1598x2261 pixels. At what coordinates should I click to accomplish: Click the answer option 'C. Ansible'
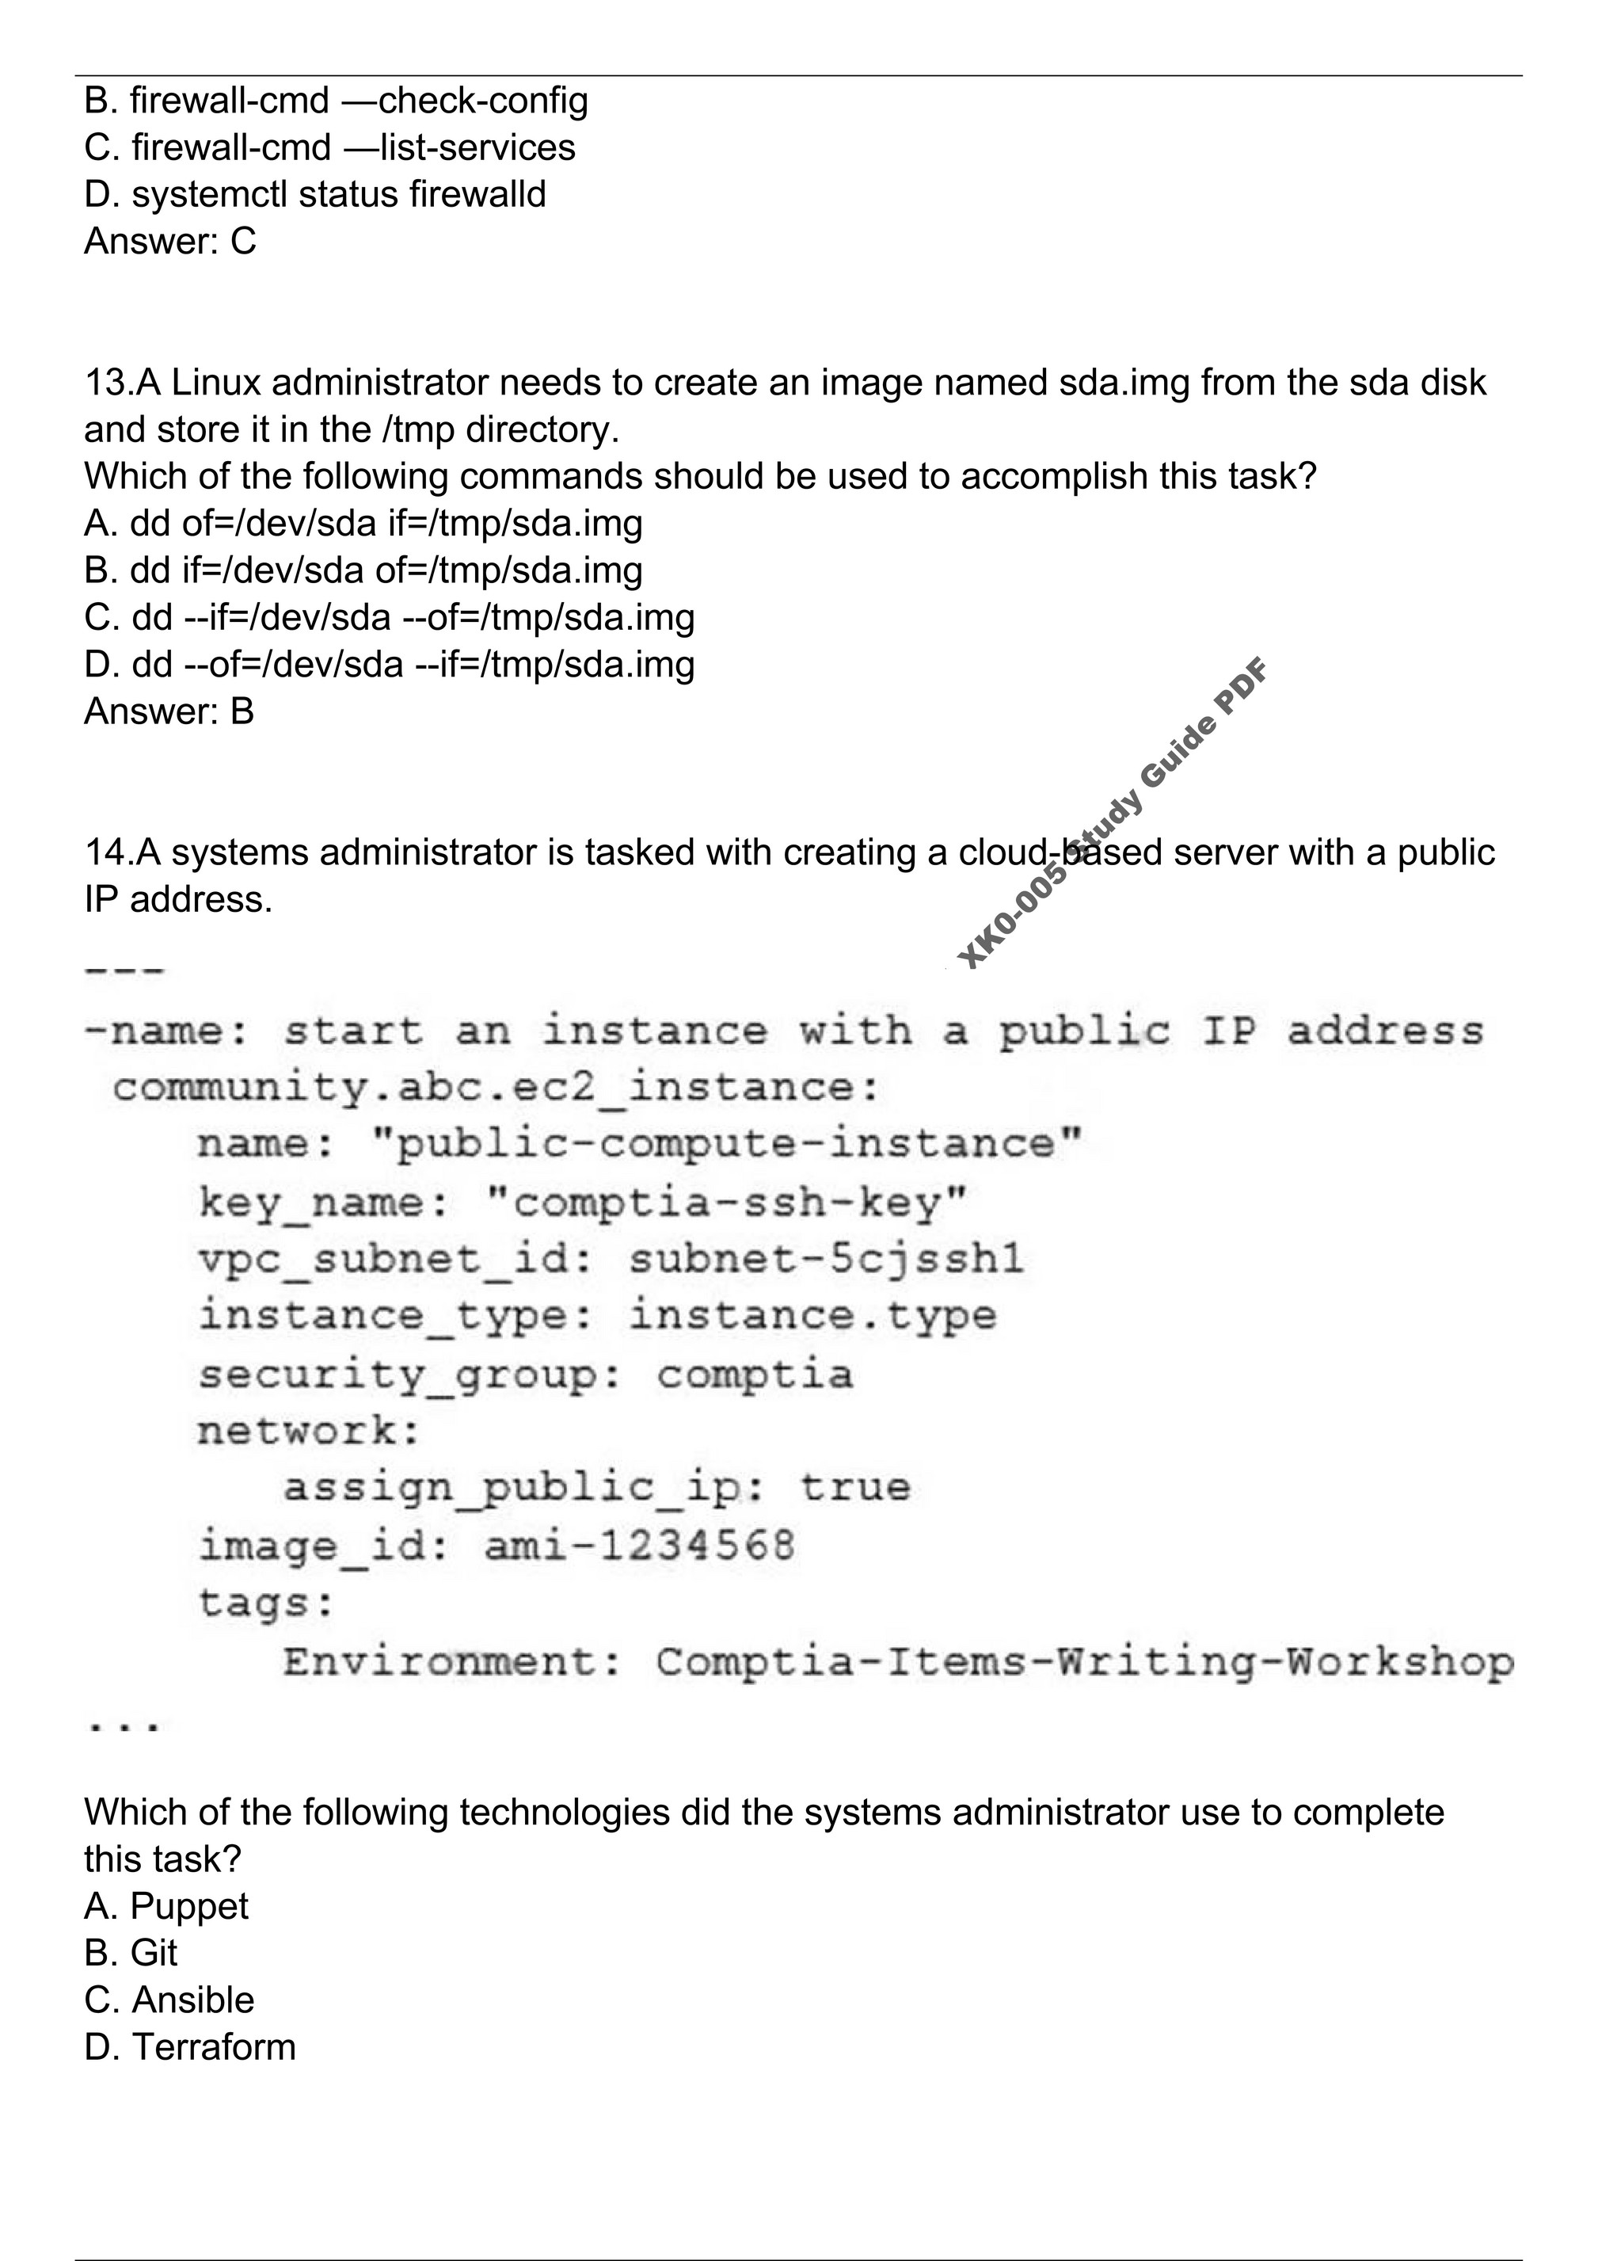(x=169, y=2000)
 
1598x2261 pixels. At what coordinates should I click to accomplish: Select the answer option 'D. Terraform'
(x=190, y=2047)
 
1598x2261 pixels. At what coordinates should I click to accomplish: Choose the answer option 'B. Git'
(x=131, y=1953)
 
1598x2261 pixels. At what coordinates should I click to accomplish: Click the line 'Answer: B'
(x=169, y=711)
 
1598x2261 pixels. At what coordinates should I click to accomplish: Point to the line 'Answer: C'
(x=170, y=242)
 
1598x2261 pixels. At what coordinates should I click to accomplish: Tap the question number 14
(x=105, y=852)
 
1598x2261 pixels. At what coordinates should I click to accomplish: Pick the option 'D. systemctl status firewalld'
(x=315, y=194)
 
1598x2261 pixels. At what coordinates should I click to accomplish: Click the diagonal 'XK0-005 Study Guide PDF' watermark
(x=1113, y=813)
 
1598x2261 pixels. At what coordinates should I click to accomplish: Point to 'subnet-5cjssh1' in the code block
(x=826, y=1260)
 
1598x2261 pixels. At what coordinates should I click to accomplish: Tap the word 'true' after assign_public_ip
(x=854, y=1487)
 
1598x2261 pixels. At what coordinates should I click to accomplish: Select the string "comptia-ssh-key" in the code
(x=728, y=1203)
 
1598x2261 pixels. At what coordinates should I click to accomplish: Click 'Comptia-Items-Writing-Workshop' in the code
(x=1084, y=1662)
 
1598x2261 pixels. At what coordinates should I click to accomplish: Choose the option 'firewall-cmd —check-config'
(x=337, y=101)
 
